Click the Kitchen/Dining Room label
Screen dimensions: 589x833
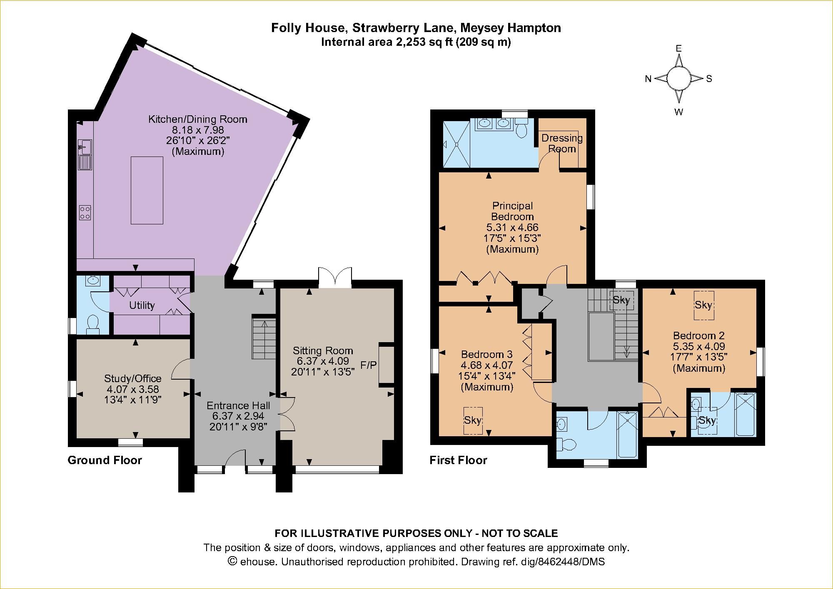click(198, 119)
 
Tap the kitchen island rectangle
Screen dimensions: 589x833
click(147, 190)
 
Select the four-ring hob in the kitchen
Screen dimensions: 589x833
click(85, 213)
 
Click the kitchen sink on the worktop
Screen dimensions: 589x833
click(86, 147)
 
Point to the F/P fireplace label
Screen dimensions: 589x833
click(369, 365)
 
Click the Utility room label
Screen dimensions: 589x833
click(142, 306)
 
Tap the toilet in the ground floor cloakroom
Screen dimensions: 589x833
click(92, 324)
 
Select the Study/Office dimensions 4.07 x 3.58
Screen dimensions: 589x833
click(132, 389)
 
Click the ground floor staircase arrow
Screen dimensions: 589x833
click(264, 338)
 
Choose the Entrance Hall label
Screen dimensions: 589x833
click(238, 405)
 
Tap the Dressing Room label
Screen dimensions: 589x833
click(562, 143)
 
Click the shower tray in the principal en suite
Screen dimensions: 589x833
click(456, 144)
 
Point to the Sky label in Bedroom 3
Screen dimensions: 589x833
click(473, 420)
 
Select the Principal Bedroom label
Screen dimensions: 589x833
click(512, 211)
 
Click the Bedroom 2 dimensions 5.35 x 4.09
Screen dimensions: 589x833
click(699, 346)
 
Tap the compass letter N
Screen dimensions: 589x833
click(648, 79)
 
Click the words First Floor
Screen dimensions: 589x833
click(458, 460)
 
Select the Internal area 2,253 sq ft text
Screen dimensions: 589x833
click(415, 42)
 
